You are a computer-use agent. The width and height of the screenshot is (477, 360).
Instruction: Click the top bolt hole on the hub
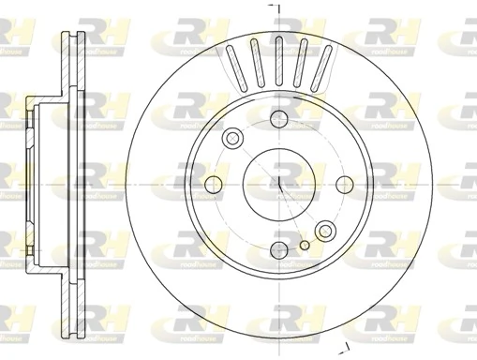[278, 117]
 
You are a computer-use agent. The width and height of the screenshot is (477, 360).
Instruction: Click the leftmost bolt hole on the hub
[213, 183]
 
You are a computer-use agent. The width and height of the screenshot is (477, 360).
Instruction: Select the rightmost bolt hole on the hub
[344, 183]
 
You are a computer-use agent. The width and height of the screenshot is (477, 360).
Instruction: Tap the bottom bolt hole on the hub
[278, 249]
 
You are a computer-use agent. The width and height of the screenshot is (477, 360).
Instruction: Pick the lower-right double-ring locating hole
[325, 230]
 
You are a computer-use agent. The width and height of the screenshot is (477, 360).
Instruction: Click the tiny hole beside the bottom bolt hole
[304, 247]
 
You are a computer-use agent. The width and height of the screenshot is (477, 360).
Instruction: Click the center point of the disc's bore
[278, 183]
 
